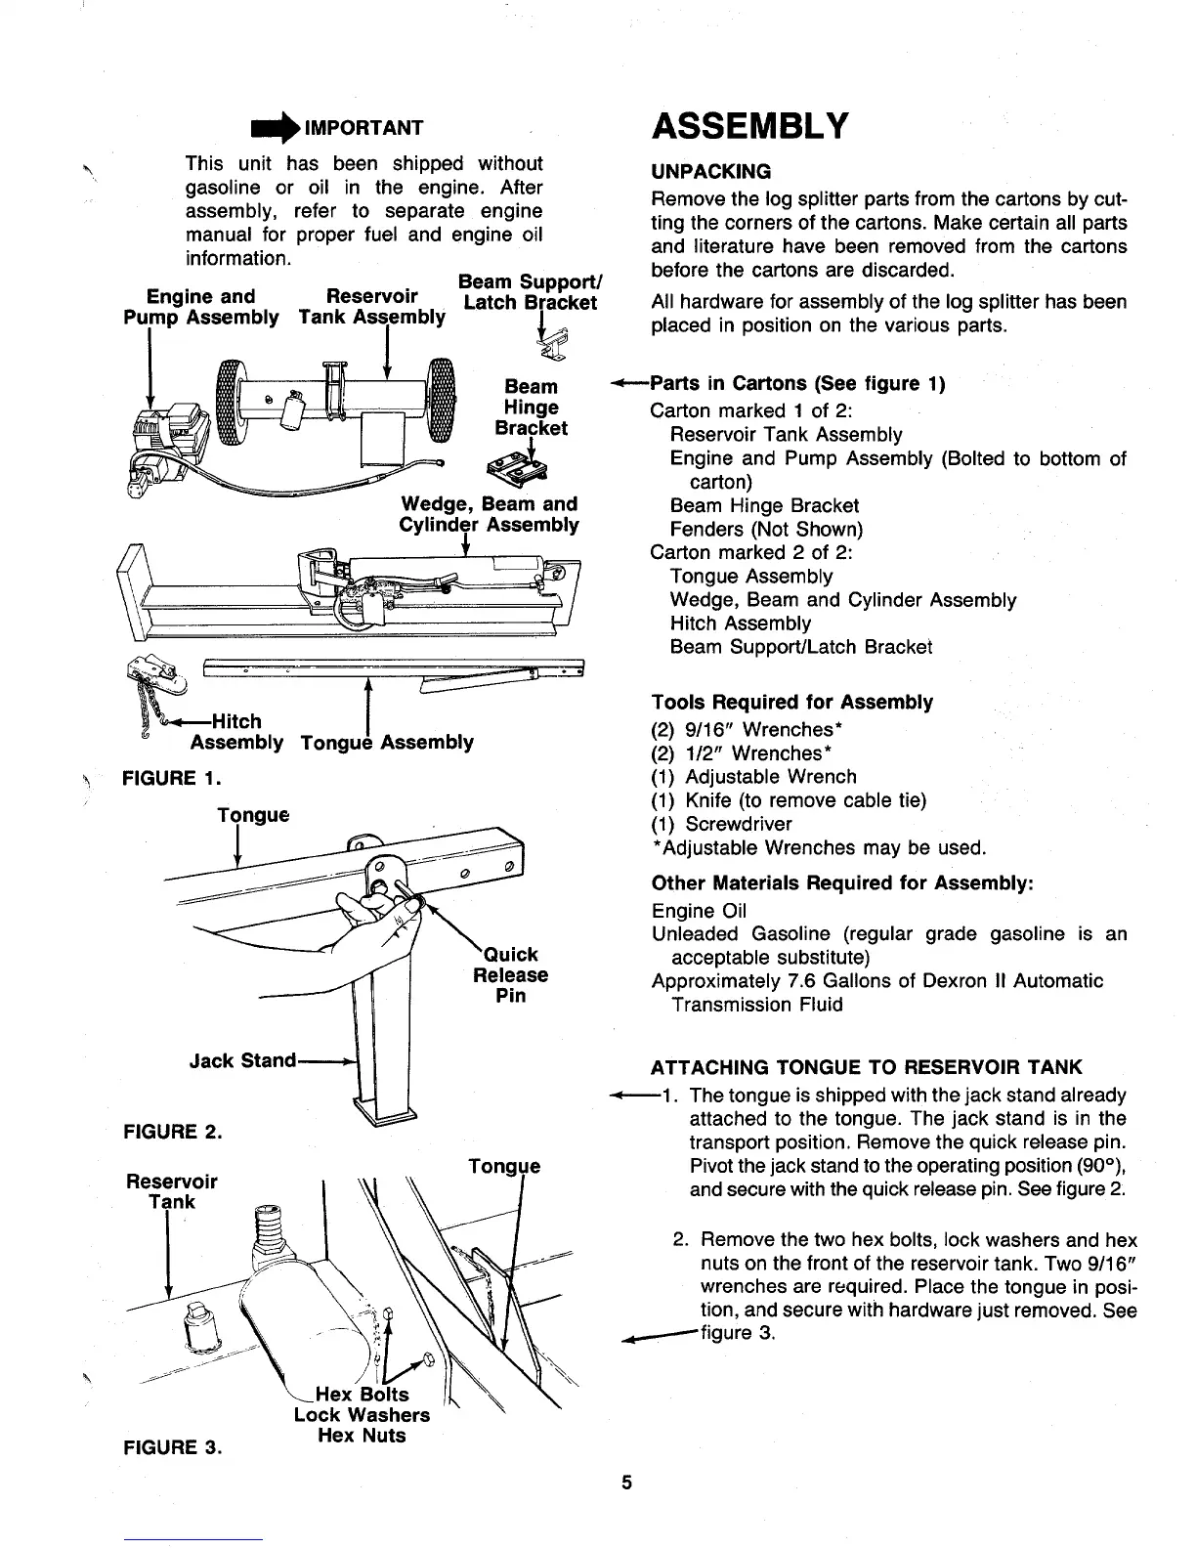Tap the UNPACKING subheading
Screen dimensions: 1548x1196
(x=710, y=172)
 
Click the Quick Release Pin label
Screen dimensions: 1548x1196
(x=510, y=974)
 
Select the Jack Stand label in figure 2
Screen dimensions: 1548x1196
(x=242, y=1060)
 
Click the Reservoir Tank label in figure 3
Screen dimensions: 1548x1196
(x=172, y=1191)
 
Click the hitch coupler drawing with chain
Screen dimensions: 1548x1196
(x=150, y=682)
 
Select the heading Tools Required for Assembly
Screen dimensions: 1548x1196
(x=791, y=703)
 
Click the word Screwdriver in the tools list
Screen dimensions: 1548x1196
(x=739, y=824)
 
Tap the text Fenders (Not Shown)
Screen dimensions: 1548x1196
(x=766, y=530)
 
